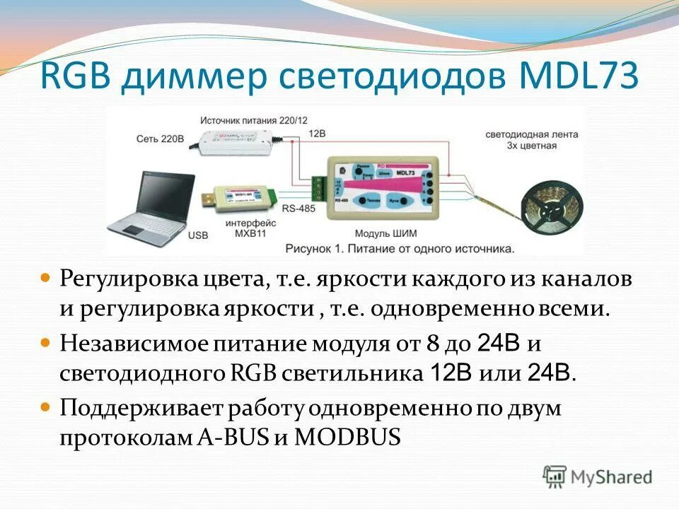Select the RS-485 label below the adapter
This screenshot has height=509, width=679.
pyautogui.click(x=298, y=209)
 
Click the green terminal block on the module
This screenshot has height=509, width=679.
pyautogui.click(x=320, y=187)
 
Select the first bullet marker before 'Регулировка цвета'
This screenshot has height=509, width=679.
pyautogui.click(x=46, y=279)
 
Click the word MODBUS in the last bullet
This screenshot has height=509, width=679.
pyautogui.click(x=347, y=436)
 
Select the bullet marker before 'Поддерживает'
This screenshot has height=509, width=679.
pyautogui.click(x=46, y=408)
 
